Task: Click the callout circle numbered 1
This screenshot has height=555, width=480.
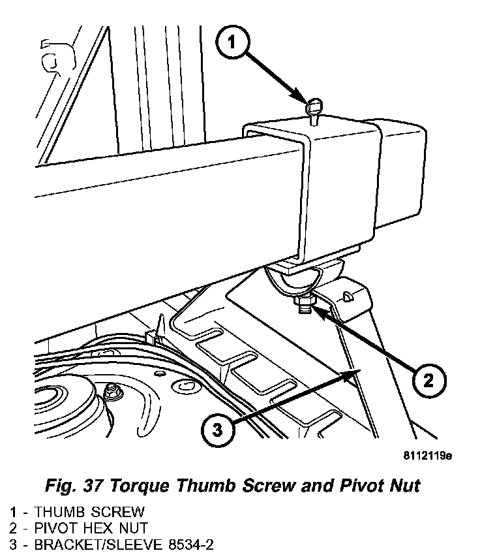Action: click(234, 45)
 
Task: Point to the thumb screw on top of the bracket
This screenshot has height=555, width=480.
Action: click(314, 106)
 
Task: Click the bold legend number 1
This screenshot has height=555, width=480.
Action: click(13, 511)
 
